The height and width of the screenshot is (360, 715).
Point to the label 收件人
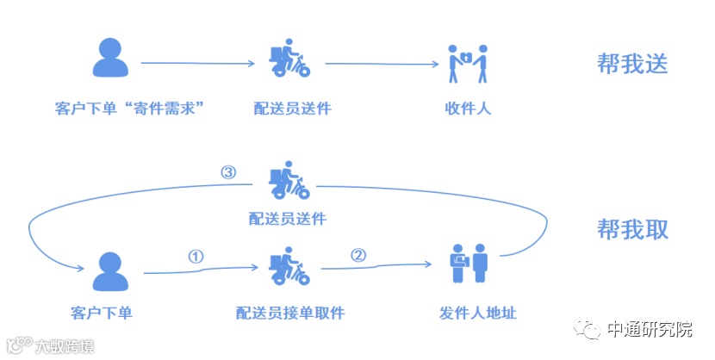468,109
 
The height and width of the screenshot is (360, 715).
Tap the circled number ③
228,172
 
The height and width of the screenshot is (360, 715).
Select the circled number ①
196,257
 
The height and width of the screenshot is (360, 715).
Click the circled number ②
358,255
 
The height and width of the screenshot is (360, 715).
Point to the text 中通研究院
650,330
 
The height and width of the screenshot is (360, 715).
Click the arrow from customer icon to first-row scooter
202,63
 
